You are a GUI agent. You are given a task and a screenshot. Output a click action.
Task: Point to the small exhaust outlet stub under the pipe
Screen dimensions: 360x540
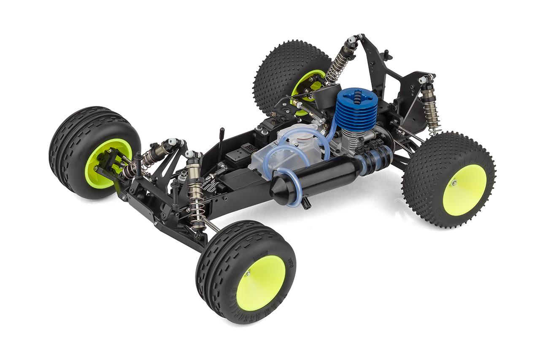coord(307,203)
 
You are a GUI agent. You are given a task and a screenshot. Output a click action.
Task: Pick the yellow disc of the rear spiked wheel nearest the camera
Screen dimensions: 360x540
coord(464,190)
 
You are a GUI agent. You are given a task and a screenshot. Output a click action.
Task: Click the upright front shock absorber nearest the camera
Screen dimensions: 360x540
coord(195,190)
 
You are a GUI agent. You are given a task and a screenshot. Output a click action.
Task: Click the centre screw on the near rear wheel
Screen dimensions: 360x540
coord(454,182)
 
